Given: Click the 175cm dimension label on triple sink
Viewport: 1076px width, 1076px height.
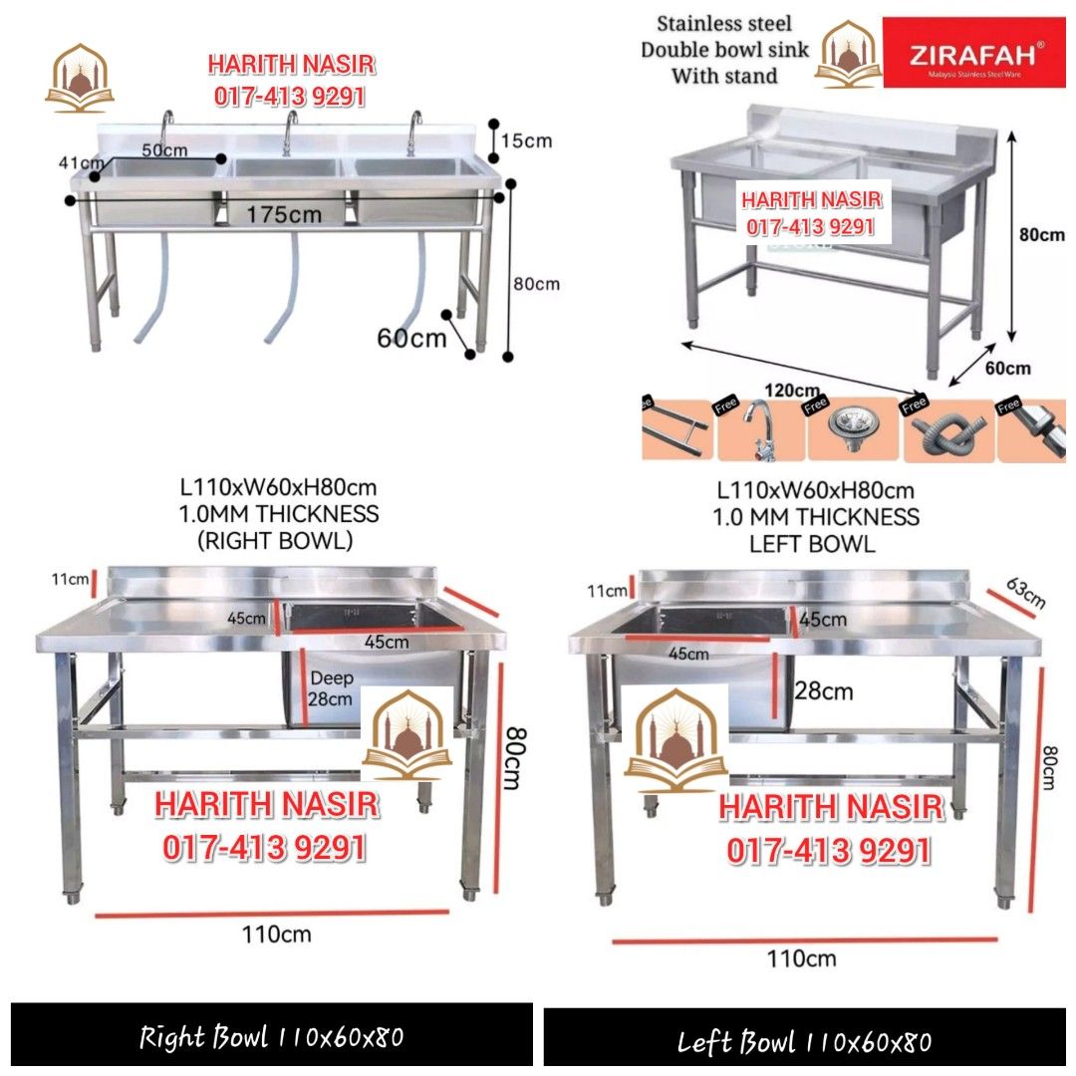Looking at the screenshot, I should (x=284, y=214).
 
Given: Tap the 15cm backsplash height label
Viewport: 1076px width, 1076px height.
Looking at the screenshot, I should (x=525, y=140).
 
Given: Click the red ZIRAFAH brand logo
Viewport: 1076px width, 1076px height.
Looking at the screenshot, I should (x=974, y=52).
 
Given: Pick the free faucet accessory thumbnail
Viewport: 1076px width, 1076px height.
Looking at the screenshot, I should (x=759, y=430).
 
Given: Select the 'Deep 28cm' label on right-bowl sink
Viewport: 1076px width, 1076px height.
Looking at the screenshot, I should (x=331, y=688).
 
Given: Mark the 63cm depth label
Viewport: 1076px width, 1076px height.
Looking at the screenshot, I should (x=1025, y=594).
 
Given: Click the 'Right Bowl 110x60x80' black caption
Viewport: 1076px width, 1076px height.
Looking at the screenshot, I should (x=271, y=1037).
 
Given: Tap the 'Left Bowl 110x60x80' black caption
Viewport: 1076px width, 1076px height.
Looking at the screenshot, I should (x=805, y=1041).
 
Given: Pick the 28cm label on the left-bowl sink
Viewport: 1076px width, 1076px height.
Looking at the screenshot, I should (x=823, y=690).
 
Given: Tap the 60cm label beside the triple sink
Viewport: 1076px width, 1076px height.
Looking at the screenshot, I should (x=410, y=338).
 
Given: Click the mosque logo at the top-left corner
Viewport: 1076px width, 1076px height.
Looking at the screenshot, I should (x=80, y=77).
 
